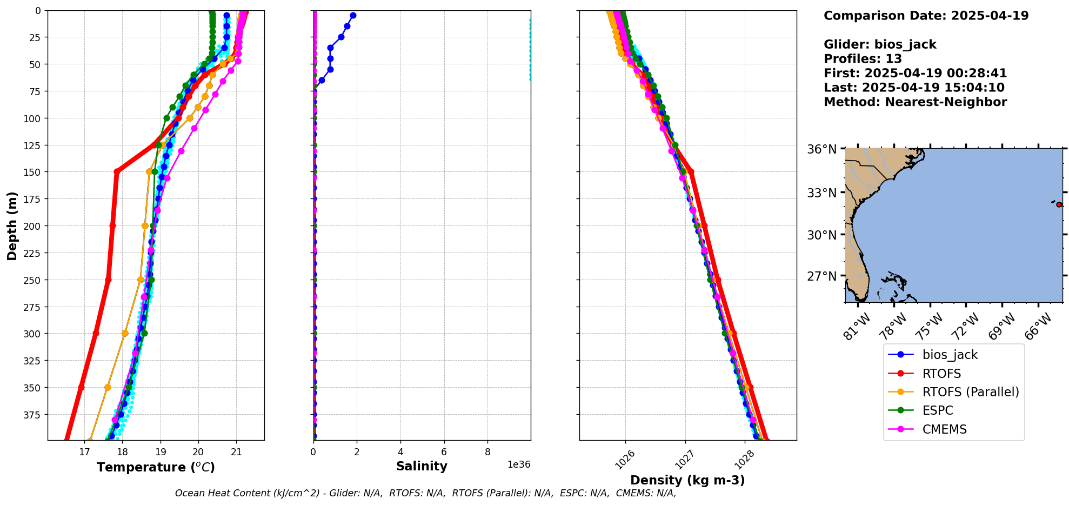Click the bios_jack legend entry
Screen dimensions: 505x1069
950,355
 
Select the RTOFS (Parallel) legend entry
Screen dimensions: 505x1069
970,392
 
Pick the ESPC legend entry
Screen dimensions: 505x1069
938,410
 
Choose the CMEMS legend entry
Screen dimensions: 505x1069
944,429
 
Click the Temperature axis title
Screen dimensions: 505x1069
156,467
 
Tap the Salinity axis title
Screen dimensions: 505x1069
422,466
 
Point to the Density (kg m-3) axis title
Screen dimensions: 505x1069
687,480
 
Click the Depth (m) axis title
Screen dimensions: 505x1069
12,225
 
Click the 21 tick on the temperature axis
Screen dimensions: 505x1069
236,452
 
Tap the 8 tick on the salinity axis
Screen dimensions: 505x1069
487,452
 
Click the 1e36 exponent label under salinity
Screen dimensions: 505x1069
518,464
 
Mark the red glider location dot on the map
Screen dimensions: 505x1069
1059,204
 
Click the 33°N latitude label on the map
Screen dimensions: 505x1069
821,193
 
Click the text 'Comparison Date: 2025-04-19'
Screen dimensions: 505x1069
926,16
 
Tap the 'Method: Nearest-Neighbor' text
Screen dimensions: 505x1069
915,102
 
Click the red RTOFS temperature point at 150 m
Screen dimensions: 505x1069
117,172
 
